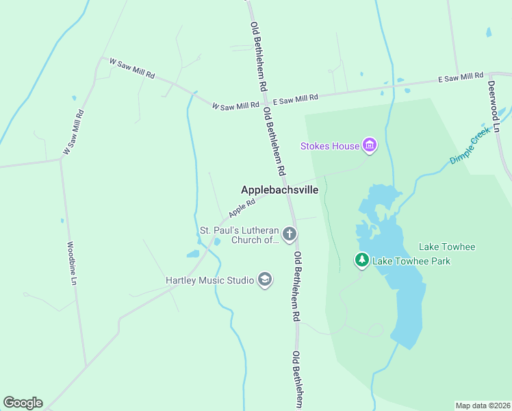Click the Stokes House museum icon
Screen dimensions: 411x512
tap(370, 146)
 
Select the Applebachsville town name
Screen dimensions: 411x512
tap(279, 190)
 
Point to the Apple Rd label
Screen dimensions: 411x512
tap(242, 205)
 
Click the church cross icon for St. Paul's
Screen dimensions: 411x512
tap(290, 235)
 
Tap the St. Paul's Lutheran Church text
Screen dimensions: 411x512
tap(239, 235)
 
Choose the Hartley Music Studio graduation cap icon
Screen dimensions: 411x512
tap(265, 279)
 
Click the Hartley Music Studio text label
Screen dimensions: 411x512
tap(209, 280)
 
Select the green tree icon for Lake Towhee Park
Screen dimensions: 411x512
tap(361, 260)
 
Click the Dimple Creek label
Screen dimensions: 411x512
tap(470, 149)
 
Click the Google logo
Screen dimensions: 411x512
tap(23, 403)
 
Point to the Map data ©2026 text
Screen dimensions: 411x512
tap(483, 406)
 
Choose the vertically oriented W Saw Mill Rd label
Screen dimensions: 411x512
tap(74, 132)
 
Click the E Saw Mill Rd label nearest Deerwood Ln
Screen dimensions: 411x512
tap(461, 79)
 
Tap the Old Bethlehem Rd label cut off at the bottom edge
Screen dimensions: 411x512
tap(297, 381)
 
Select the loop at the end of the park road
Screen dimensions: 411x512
tap(374, 331)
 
